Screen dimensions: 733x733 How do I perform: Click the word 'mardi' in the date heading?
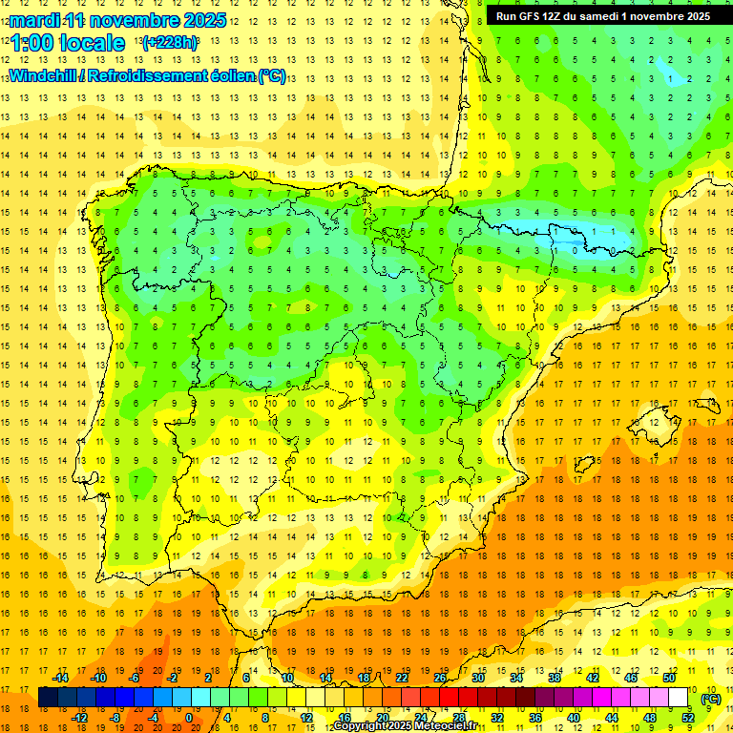coord(32,20)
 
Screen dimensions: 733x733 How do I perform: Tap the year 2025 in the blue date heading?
coord(202,20)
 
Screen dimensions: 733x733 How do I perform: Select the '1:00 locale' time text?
coord(67,43)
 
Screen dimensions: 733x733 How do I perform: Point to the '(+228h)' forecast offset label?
coord(169,43)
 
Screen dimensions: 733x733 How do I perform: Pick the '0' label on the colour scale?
coord(189,718)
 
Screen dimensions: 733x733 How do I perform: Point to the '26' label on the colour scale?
coord(440,678)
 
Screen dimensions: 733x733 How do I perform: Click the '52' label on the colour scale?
coord(688,718)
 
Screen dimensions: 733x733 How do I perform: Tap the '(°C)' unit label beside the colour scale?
coord(711,699)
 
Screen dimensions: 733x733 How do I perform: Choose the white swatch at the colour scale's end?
coord(679,698)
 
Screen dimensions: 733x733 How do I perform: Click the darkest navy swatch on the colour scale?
coord(48,698)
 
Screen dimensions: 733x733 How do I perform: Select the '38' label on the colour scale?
coord(555,678)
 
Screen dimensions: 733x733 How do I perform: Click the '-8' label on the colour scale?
coord(115,718)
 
